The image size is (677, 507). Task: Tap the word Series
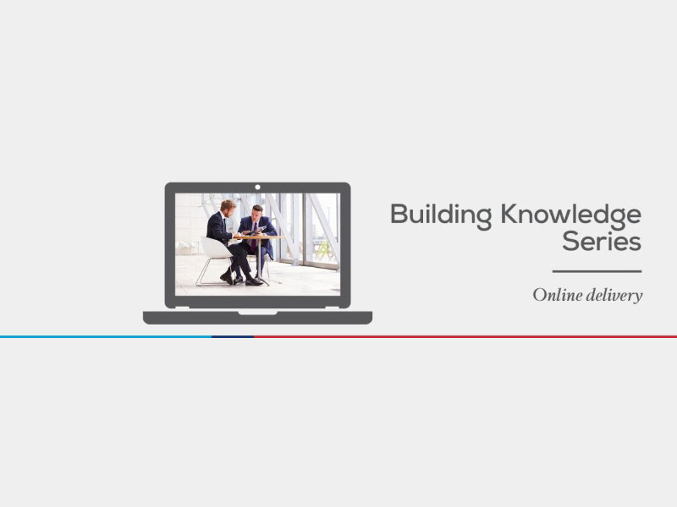tap(602, 242)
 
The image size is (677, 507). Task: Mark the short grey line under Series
tap(597, 271)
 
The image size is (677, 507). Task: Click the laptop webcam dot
tap(258, 187)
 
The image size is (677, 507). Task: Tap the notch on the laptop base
tap(258, 313)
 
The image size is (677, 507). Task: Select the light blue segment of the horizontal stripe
tap(106, 336)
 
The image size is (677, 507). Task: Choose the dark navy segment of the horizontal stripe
tap(233, 336)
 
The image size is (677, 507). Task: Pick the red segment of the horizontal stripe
tap(465, 336)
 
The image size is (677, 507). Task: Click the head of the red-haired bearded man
tap(228, 208)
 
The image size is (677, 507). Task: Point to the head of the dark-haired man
tap(257, 213)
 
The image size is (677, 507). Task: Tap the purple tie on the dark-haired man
tap(254, 237)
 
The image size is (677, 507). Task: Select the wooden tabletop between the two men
tap(259, 237)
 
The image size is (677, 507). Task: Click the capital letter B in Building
tap(399, 214)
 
